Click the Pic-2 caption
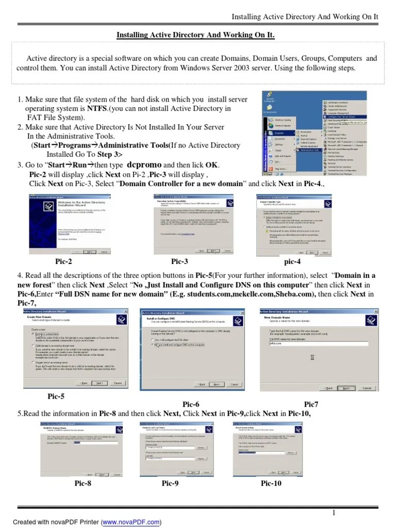(x=63, y=261)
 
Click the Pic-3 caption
(x=179, y=261)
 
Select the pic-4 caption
(x=292, y=261)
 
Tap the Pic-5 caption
(x=56, y=396)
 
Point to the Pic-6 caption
(x=191, y=404)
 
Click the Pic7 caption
(x=311, y=404)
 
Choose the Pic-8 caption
(x=82, y=483)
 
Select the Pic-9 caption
(x=170, y=483)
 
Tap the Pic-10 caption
(x=271, y=483)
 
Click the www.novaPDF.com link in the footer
(x=131, y=522)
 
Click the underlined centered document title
(x=195, y=35)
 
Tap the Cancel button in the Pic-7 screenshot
(x=367, y=388)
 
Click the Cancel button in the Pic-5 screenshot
(x=118, y=383)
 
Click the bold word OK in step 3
(x=212, y=165)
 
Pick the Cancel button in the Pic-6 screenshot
(x=234, y=384)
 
